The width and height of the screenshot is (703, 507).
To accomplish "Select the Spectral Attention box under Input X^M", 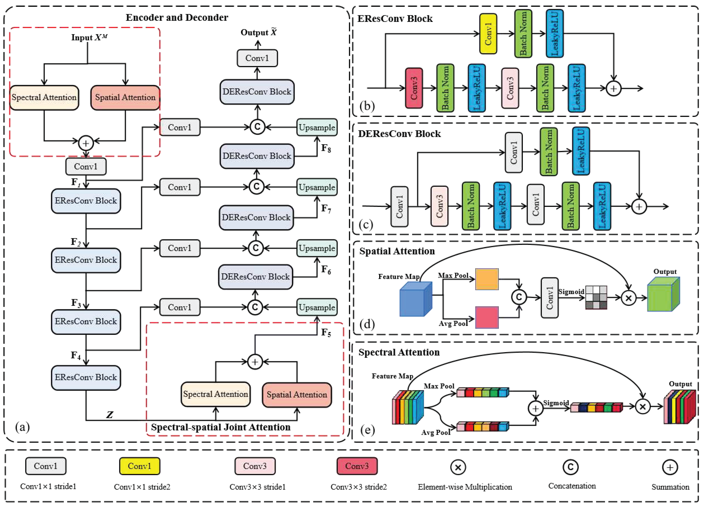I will click(x=44, y=98).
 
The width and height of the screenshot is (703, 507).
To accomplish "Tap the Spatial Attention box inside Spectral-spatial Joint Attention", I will click(x=297, y=394).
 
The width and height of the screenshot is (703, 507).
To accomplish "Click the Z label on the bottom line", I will click(x=109, y=415).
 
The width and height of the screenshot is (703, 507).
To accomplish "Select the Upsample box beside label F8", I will click(x=317, y=127).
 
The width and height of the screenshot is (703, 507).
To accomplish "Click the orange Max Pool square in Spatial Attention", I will click(x=487, y=279).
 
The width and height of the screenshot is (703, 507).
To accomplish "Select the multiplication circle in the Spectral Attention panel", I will click(x=643, y=407).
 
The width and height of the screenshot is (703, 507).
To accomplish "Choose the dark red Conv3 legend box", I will click(x=357, y=466).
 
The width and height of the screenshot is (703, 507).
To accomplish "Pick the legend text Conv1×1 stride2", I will click(x=142, y=487).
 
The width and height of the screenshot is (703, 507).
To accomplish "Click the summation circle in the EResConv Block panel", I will click(x=613, y=89).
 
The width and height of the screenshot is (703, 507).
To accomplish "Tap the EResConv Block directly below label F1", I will click(x=86, y=201).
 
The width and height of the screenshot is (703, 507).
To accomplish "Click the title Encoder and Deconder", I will click(x=177, y=18).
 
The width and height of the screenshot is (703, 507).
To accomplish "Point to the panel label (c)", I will click(x=365, y=224).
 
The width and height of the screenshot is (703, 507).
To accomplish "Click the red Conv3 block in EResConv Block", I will click(x=414, y=88).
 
